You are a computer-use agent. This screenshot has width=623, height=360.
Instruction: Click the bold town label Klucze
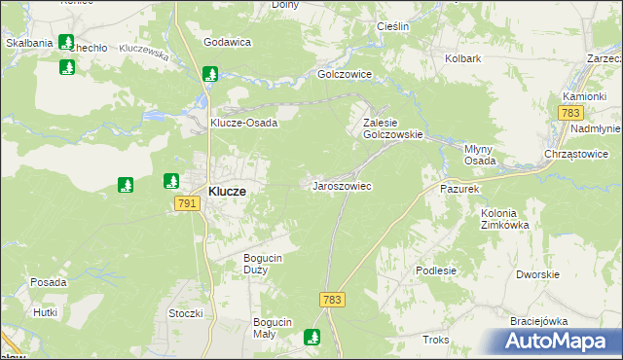pyautogui.click(x=227, y=193)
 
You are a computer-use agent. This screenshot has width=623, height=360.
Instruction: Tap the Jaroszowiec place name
pyautogui.click(x=341, y=185)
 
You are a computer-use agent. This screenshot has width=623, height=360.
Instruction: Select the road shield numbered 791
pyautogui.click(x=188, y=203)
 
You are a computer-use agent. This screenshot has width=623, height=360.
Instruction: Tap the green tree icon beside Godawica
pyautogui.click(x=210, y=73)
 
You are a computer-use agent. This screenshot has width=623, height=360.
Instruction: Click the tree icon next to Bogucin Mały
pyautogui.click(x=312, y=337)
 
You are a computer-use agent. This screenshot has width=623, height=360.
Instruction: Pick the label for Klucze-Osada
pyautogui.click(x=244, y=124)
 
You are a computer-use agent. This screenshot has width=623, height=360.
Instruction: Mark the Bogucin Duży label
pyautogui.click(x=262, y=264)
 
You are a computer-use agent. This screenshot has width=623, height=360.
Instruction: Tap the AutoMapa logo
pyautogui.click(x=558, y=342)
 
